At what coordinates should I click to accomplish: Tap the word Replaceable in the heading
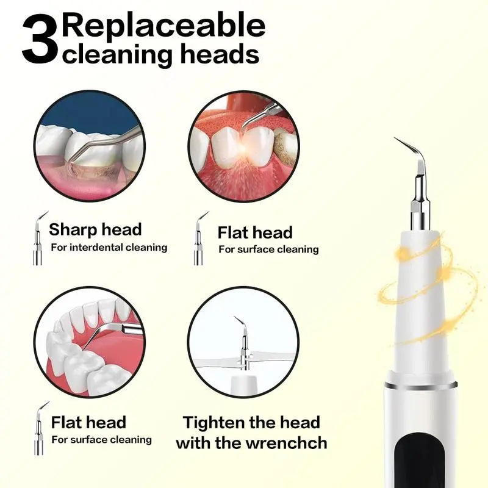coord(164,26)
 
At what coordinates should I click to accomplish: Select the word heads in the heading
coord(224,54)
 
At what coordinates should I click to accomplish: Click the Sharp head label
coord(95,229)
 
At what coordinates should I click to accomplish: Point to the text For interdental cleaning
coord(109,247)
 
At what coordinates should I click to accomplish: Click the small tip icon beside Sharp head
coord(38,239)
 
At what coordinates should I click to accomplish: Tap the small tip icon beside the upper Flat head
coord(199,240)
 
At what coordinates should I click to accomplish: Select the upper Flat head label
coord(255,232)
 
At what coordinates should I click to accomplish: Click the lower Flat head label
coord(88,422)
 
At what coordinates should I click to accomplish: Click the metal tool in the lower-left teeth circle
coord(113,332)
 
